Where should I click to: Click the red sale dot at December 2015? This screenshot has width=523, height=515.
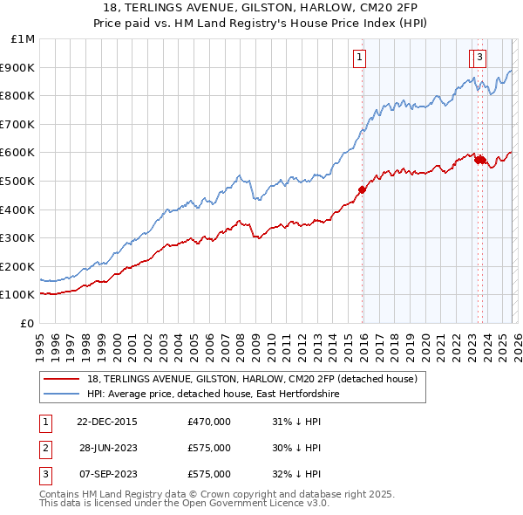coord(362,189)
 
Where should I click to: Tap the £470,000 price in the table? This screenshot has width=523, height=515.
coord(208,422)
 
